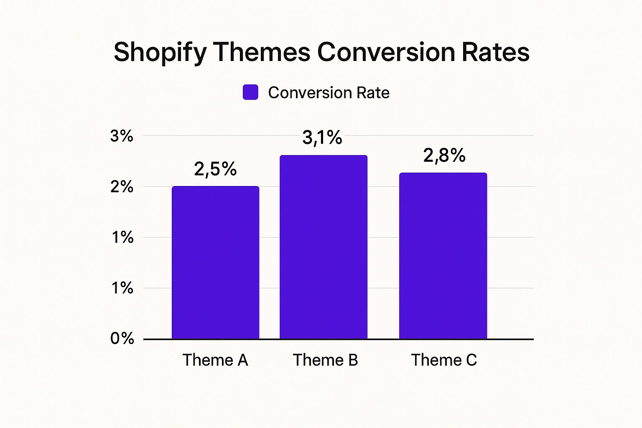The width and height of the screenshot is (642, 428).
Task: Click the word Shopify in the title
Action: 160,53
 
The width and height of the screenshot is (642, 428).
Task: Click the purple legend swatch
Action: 250,92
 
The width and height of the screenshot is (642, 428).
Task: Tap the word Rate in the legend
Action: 372,92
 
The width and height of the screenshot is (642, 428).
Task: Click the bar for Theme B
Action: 323,247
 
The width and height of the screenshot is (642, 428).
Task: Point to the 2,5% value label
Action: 215,169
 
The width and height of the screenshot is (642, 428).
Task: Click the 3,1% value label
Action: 322,138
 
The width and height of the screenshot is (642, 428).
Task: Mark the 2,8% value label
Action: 444,155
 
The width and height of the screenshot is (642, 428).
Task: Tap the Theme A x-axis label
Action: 215,360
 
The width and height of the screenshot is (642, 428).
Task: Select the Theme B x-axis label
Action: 325,360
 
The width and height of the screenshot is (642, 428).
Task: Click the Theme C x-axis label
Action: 444,360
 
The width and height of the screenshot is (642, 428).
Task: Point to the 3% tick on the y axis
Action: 122,136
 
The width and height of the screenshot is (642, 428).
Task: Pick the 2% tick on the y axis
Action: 122,187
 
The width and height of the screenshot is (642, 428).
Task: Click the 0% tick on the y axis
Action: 122,338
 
